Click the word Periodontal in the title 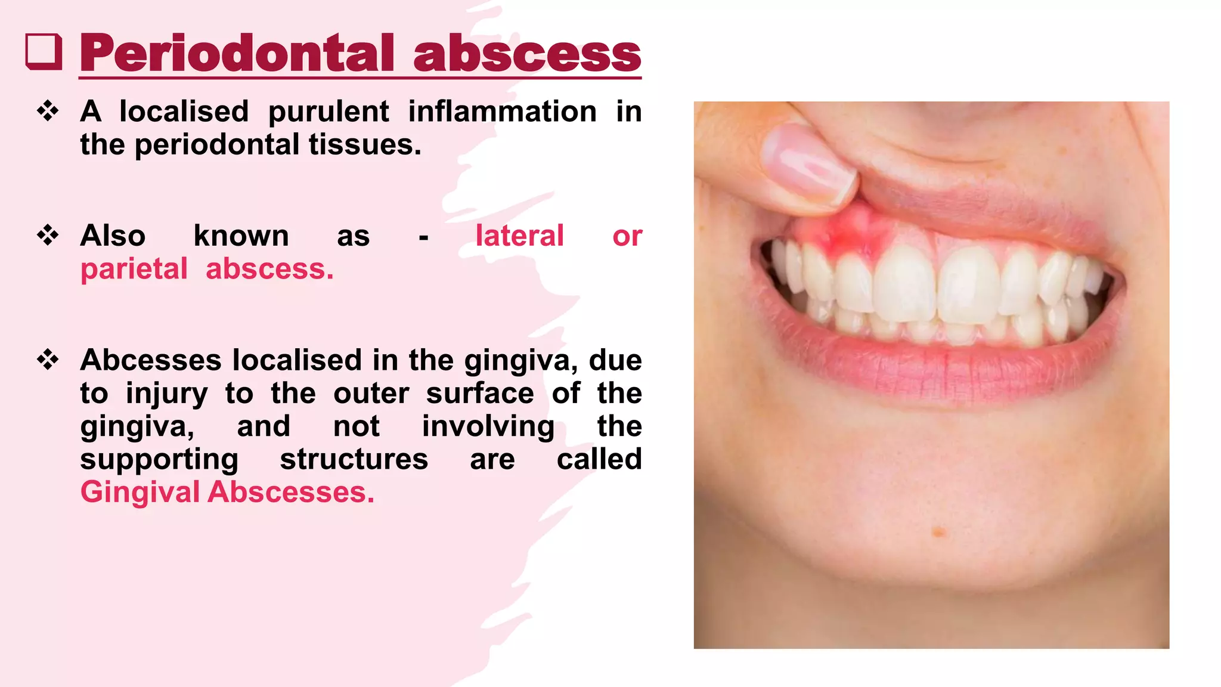237,54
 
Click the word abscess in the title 527,54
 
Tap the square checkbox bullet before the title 44,52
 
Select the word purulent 329,112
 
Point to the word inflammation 502,112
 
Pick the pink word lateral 519,236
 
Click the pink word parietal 134,270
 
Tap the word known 241,236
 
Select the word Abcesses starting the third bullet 151,360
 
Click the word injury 166,394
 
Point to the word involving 488,426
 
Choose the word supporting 159,459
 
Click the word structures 354,459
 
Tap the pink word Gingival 140,493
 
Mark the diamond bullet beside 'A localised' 48,111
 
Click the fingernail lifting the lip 809,162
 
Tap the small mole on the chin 939,531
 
